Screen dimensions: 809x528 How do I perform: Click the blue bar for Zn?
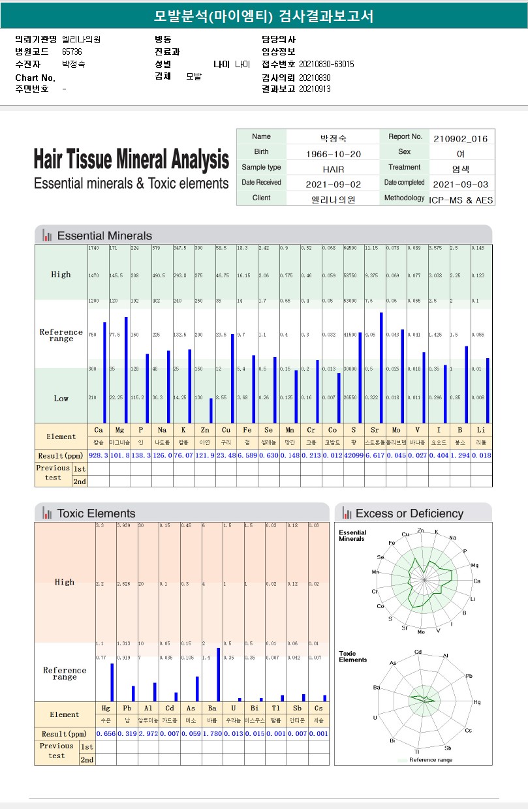pos(211,410)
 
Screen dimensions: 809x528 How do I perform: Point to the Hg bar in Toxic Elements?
pos(112,682)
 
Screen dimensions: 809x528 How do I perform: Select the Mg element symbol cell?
pos(119,430)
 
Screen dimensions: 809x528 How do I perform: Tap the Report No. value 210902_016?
pos(460,138)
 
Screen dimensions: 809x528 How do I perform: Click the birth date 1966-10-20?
pos(334,154)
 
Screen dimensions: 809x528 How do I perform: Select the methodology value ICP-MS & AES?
pos(461,200)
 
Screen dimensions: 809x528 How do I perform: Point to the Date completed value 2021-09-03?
pos(460,185)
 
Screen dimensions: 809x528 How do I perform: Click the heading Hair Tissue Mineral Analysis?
pos(131,159)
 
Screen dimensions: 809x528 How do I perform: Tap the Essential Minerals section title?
pos(104,236)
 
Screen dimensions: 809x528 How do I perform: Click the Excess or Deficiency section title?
pos(409,513)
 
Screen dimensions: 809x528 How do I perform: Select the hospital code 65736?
pos(72,52)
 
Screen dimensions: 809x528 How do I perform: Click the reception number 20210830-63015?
pos(326,64)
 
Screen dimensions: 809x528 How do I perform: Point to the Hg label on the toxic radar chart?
pos(477,702)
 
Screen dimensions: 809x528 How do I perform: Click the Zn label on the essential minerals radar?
pos(420,530)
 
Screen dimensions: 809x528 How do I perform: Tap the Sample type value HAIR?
pos(334,170)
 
